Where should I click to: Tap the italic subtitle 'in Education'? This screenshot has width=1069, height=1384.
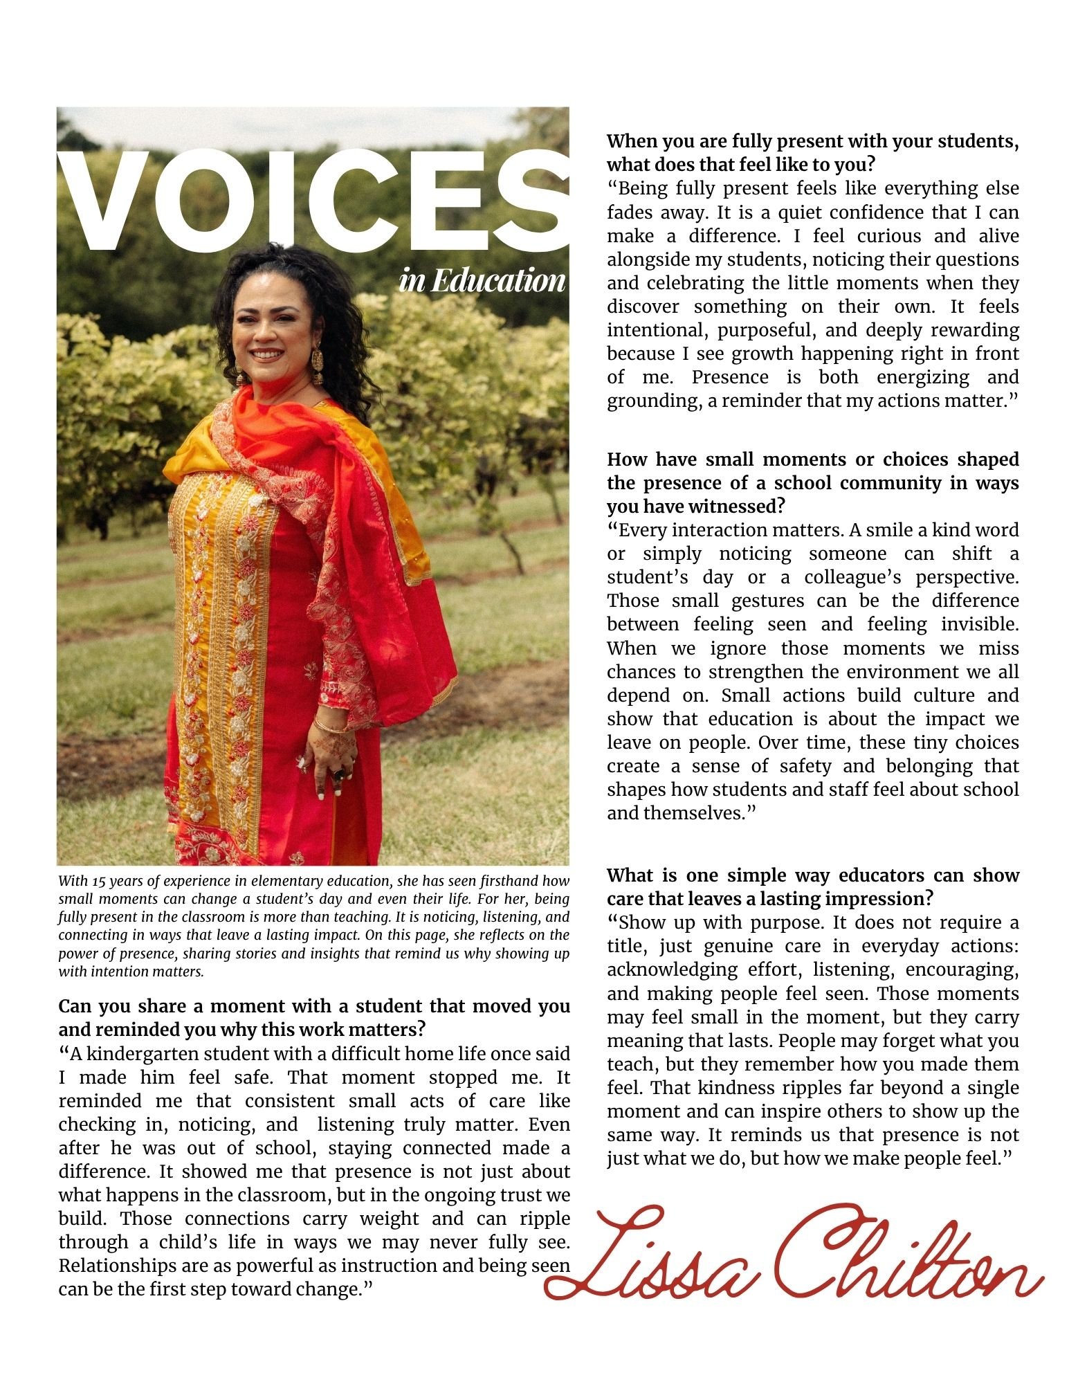click(x=482, y=281)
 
